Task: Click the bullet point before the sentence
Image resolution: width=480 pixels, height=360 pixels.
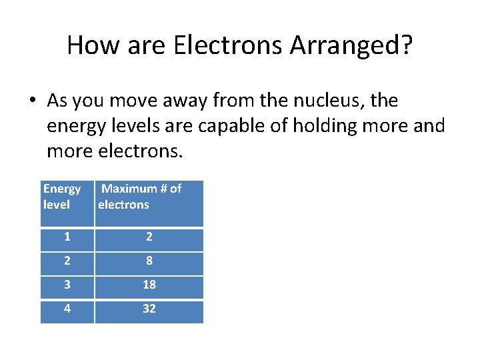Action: [32, 101]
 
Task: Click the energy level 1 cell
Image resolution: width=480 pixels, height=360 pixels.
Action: [67, 237]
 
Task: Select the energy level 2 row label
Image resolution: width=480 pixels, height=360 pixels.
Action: [67, 261]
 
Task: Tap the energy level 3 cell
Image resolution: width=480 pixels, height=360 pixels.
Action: [67, 285]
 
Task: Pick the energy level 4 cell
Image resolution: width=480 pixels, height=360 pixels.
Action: [67, 309]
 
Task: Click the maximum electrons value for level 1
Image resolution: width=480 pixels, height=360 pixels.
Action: [149, 237]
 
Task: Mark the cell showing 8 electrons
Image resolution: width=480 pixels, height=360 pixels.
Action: [149, 261]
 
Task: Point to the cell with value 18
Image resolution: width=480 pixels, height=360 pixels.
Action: [149, 285]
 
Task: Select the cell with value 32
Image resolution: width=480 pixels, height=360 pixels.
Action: [149, 309]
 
